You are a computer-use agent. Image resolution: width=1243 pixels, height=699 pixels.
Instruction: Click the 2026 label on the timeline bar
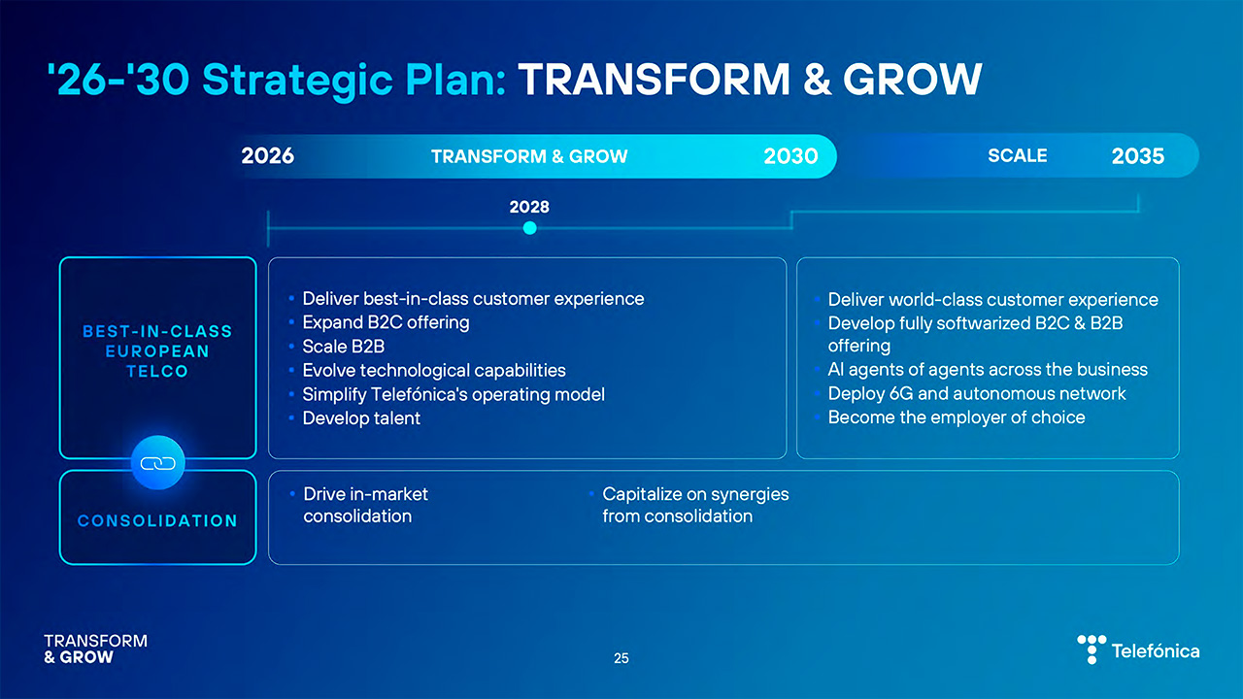tap(268, 156)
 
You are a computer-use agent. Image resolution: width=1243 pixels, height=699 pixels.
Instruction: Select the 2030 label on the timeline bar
tap(790, 156)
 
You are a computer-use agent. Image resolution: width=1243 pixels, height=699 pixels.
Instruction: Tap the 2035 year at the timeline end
tap(1137, 156)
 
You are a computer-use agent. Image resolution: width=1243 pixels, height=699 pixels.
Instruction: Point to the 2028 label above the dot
tap(529, 207)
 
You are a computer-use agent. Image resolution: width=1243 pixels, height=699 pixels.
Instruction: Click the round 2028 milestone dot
tap(529, 228)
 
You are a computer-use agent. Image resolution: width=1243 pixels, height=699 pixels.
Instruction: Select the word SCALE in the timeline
tap(1017, 155)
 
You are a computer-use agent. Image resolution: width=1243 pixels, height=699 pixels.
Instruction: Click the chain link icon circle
tap(157, 464)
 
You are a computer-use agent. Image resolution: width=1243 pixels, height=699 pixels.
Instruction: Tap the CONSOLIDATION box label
tap(157, 520)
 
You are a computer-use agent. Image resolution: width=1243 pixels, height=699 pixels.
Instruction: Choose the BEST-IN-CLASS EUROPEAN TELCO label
tap(157, 350)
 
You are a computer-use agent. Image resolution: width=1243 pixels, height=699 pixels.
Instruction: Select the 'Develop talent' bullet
tap(361, 418)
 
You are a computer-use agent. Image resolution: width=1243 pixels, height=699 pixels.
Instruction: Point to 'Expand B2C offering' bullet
tap(386, 322)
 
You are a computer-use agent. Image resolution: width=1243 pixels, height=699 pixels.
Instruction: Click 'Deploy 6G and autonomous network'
tap(976, 393)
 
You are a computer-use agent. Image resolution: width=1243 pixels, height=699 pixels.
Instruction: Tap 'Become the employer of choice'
tap(956, 417)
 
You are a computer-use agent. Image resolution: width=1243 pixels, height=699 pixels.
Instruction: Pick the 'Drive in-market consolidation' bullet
tap(365, 505)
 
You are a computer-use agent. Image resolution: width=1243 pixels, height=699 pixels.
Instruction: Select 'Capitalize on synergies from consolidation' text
tap(694, 505)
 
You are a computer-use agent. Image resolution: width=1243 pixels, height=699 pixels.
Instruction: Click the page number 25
tap(621, 658)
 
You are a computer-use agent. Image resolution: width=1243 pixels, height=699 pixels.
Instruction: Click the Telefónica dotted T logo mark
tap(1092, 649)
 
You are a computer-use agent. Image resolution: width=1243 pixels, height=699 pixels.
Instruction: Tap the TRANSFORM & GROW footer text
tap(95, 649)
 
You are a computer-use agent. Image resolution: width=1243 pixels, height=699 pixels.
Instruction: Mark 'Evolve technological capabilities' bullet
tap(433, 370)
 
